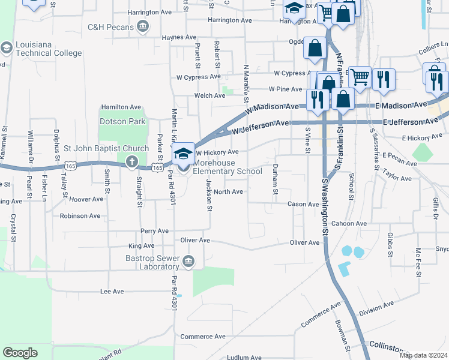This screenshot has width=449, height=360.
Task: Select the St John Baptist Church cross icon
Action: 131,160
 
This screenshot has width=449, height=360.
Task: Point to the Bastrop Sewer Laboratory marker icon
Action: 188,260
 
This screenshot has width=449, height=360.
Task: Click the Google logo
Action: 20,352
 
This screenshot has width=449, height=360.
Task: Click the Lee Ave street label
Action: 112,292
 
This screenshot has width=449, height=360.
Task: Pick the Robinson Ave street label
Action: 80,215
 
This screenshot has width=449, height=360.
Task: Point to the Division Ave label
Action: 376,308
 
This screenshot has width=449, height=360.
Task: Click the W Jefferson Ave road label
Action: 261,125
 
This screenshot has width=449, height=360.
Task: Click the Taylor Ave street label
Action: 397,178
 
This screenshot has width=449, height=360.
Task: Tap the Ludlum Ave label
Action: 244,358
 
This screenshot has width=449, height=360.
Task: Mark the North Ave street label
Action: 228,192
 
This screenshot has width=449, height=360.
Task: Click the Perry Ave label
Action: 154,231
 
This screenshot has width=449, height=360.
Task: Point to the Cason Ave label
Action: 303,205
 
